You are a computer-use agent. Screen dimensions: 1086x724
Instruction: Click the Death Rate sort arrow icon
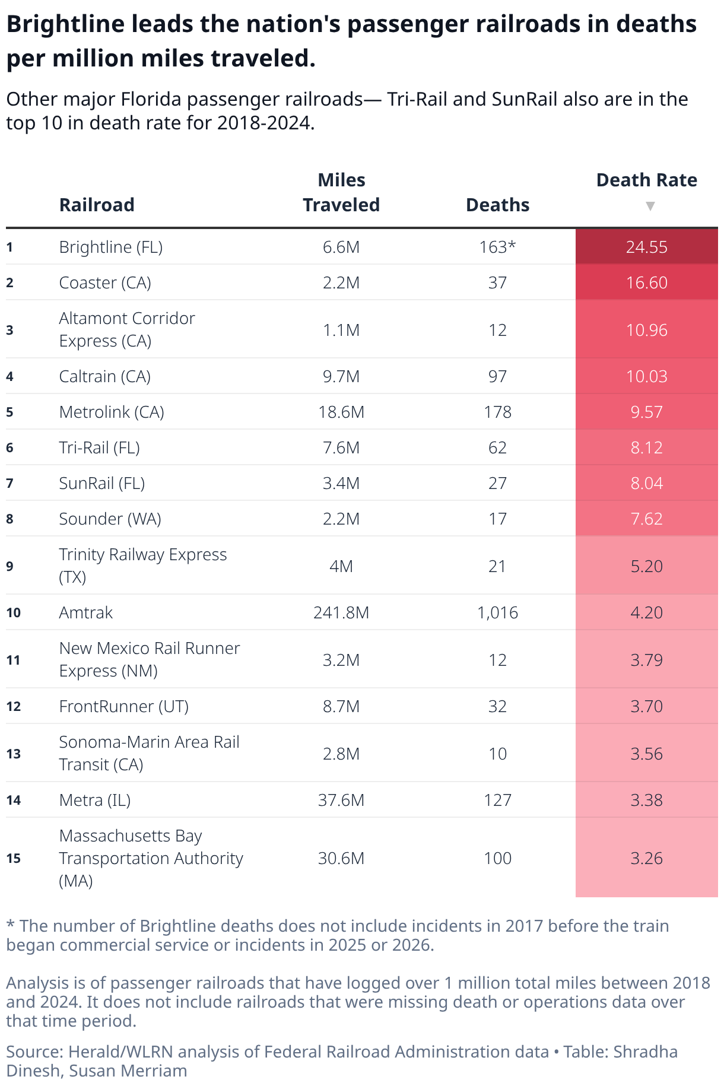pyautogui.click(x=650, y=206)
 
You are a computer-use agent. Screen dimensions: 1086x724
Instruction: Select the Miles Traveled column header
pyautogui.click(x=341, y=192)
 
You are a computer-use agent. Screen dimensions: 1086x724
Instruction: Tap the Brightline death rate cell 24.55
pyautogui.click(x=646, y=247)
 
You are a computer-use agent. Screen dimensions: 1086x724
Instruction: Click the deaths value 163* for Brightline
pyautogui.click(x=497, y=247)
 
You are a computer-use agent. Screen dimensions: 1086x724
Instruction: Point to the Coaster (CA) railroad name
pyautogui.click(x=105, y=282)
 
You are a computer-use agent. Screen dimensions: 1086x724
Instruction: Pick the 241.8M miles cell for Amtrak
pyautogui.click(x=341, y=612)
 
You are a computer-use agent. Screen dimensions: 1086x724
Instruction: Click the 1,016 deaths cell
pyautogui.click(x=497, y=612)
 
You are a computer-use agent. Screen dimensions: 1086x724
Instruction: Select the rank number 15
pyautogui.click(x=14, y=858)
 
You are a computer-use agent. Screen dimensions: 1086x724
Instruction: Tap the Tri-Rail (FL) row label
pyautogui.click(x=99, y=447)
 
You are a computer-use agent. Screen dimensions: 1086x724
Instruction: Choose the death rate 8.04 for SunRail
pyautogui.click(x=646, y=483)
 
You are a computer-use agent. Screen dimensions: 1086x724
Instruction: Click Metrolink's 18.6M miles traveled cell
pyautogui.click(x=341, y=412)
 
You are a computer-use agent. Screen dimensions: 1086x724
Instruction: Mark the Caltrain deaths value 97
pyautogui.click(x=497, y=376)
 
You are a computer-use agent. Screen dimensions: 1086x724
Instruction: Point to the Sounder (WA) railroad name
pyautogui.click(x=110, y=519)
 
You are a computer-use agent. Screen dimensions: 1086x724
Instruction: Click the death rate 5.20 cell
pyautogui.click(x=646, y=566)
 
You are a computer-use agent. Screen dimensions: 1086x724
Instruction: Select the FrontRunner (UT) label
pyautogui.click(x=123, y=706)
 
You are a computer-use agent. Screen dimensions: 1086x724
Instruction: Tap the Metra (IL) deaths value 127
pyautogui.click(x=497, y=800)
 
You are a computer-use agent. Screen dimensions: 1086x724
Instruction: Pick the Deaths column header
pyautogui.click(x=497, y=205)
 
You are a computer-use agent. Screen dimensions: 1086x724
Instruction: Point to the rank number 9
pyautogui.click(x=10, y=566)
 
